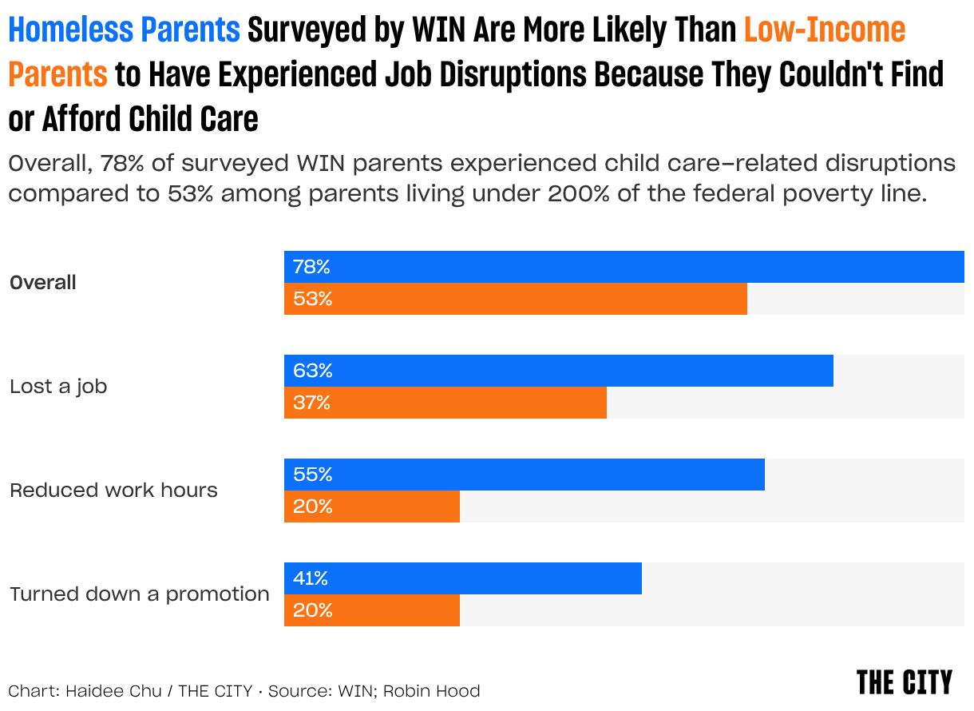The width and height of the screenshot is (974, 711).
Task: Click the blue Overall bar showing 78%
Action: tap(624, 267)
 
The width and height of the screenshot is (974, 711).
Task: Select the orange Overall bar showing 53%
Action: tap(515, 299)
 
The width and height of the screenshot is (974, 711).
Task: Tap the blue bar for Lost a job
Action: tap(558, 371)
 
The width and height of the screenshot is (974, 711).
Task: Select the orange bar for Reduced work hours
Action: tap(371, 506)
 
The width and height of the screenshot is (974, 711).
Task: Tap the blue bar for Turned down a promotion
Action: tap(462, 578)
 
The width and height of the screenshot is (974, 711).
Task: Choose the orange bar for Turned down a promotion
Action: tap(371, 610)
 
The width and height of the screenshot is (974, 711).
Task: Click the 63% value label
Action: tap(312, 371)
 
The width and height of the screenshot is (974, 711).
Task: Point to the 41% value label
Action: tap(311, 578)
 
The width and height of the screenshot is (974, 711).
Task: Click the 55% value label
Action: tap(312, 475)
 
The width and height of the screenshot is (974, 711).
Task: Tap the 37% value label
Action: tap(311, 403)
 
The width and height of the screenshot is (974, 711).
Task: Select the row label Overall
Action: tap(43, 283)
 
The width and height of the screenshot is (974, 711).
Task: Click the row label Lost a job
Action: tap(58, 387)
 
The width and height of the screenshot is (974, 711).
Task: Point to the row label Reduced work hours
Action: tap(113, 490)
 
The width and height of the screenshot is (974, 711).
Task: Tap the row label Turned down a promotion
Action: tap(140, 594)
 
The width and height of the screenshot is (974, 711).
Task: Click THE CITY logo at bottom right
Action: tap(904, 683)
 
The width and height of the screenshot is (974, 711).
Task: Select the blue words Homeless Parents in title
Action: tap(124, 30)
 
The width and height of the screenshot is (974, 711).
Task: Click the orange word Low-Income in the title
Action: tap(825, 30)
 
